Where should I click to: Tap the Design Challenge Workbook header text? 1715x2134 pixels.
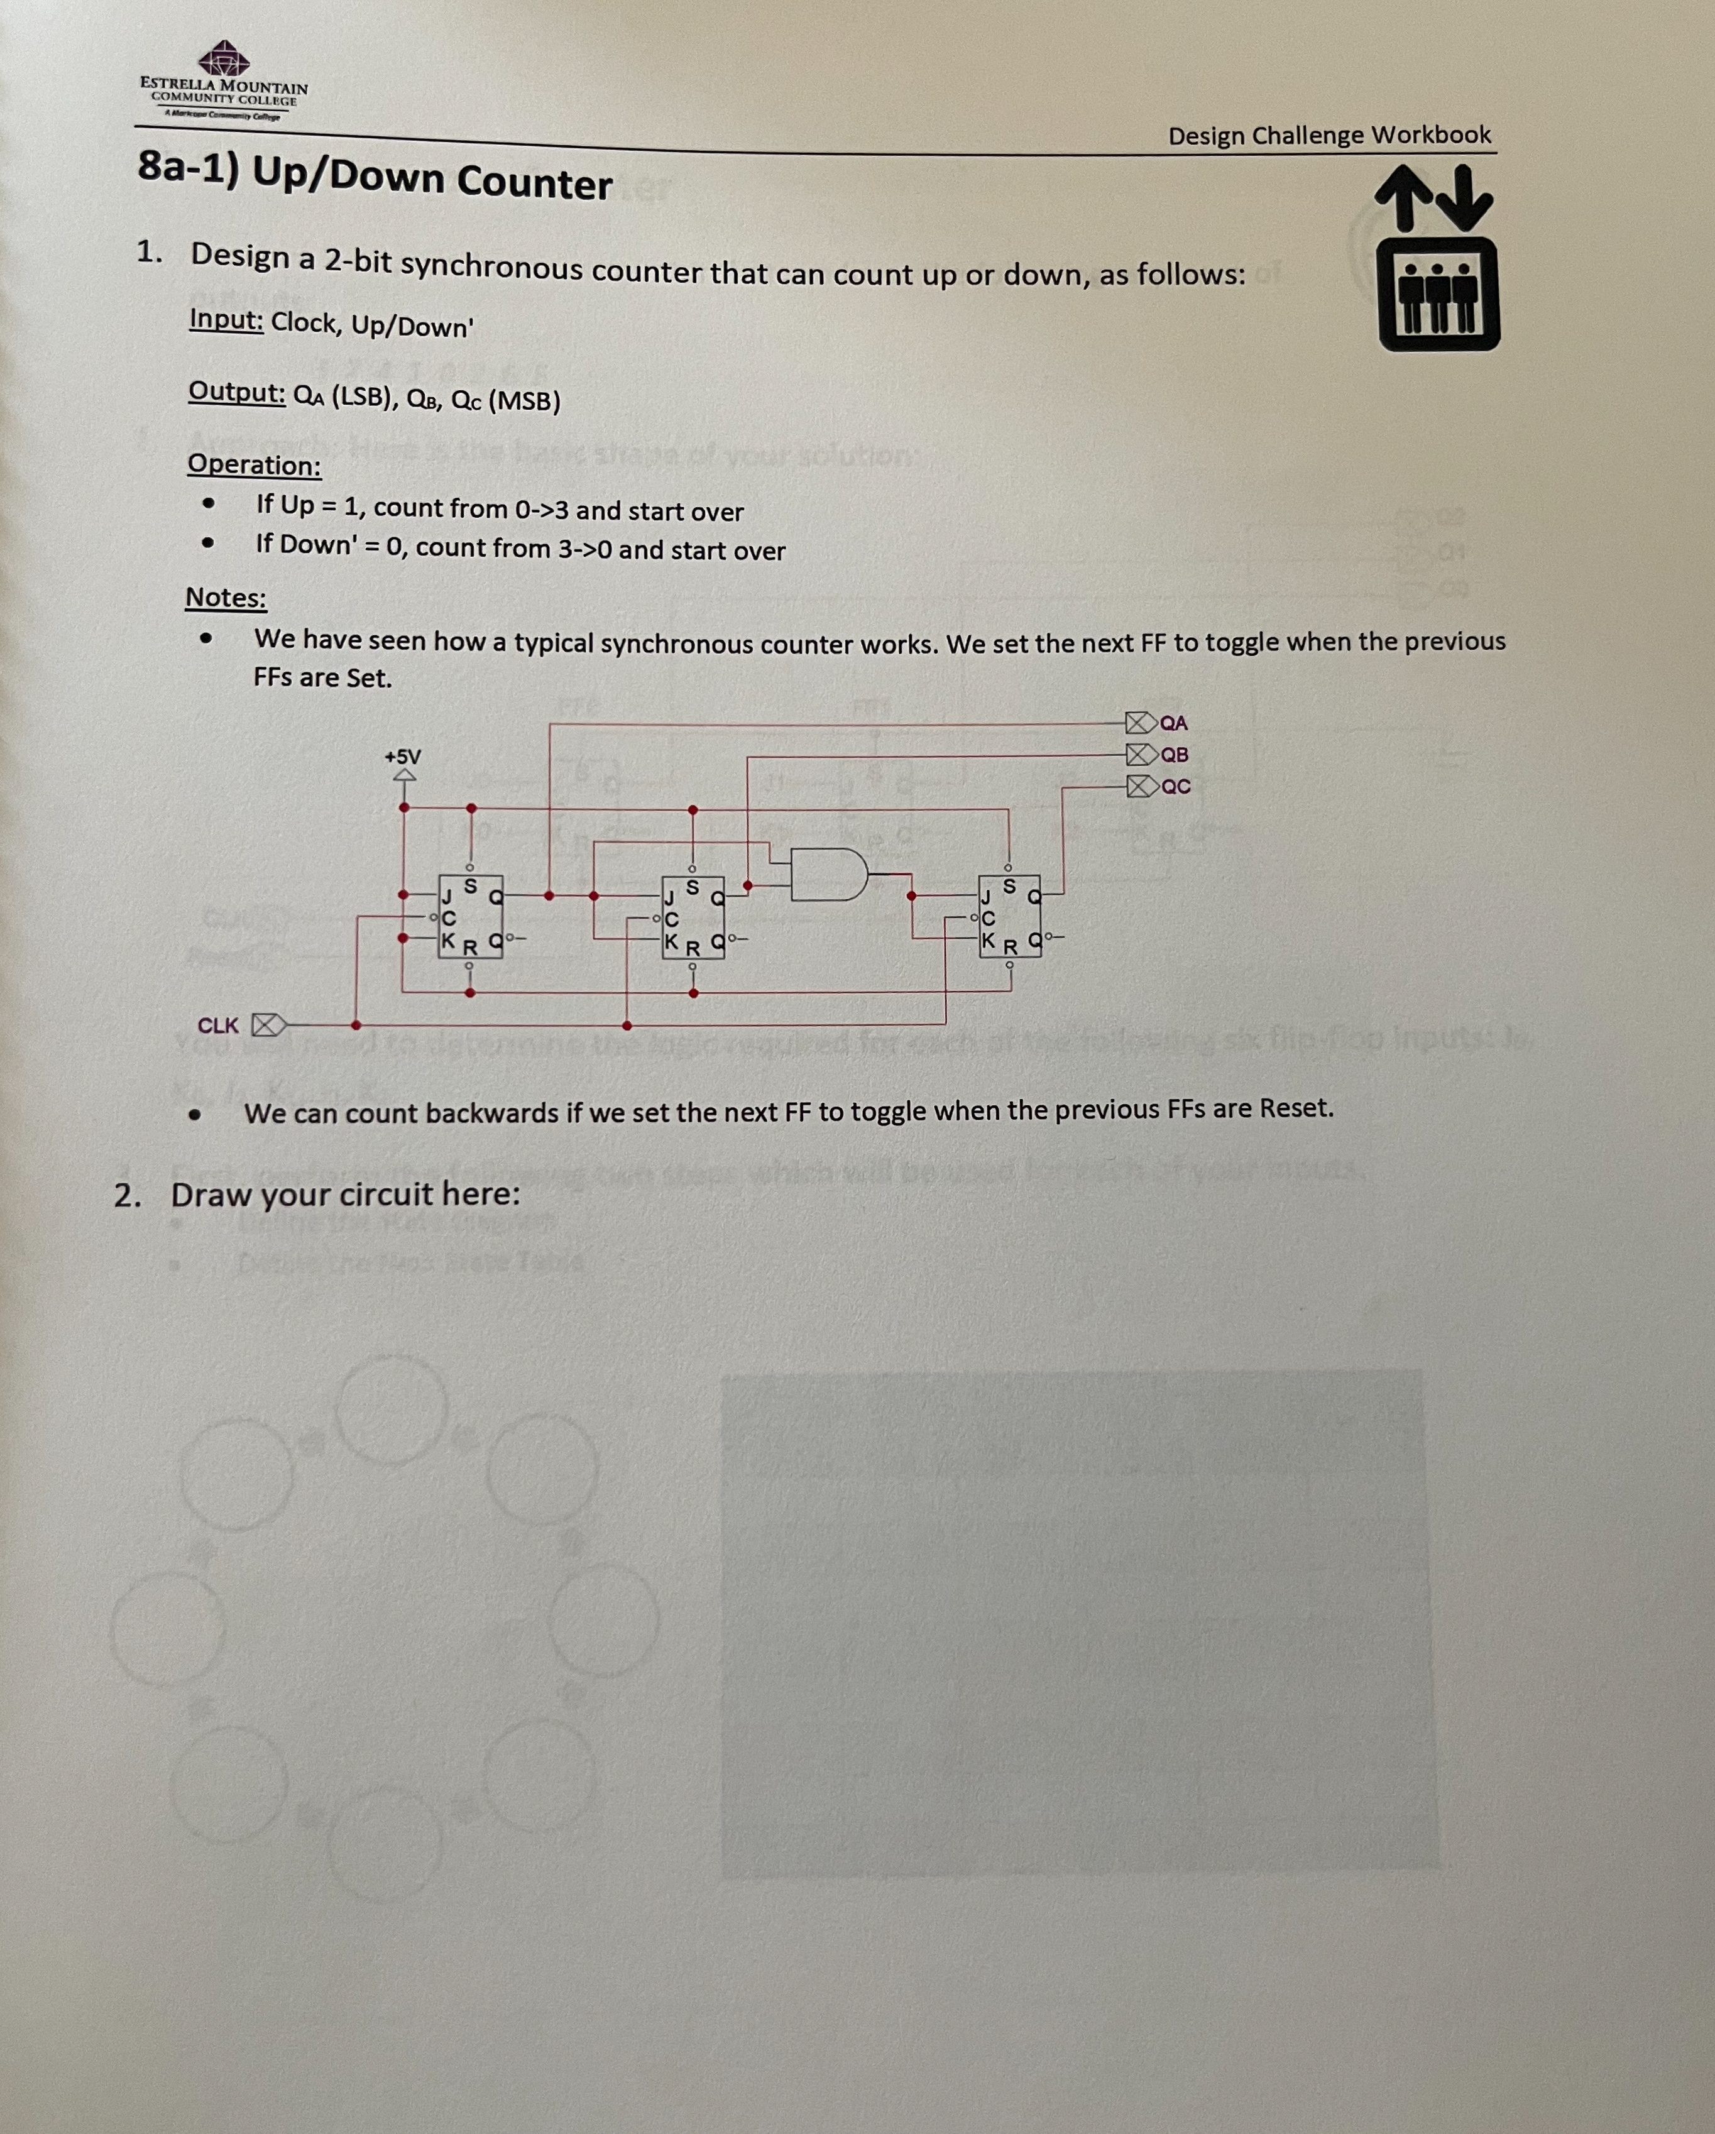tap(1329, 134)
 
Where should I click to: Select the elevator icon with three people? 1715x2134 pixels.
tap(1439, 294)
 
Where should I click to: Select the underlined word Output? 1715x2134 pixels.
tap(236, 393)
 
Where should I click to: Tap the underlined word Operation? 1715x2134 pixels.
tap(255, 464)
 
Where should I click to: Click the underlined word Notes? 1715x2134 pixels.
tap(226, 598)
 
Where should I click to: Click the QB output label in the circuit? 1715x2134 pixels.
tap(1174, 754)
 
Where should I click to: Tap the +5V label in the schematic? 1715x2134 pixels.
tap(403, 756)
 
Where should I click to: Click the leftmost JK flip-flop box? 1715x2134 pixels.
tap(470, 916)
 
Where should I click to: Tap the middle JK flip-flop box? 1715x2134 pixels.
tap(693, 916)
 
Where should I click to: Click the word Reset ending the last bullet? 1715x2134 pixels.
tap(1295, 1108)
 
